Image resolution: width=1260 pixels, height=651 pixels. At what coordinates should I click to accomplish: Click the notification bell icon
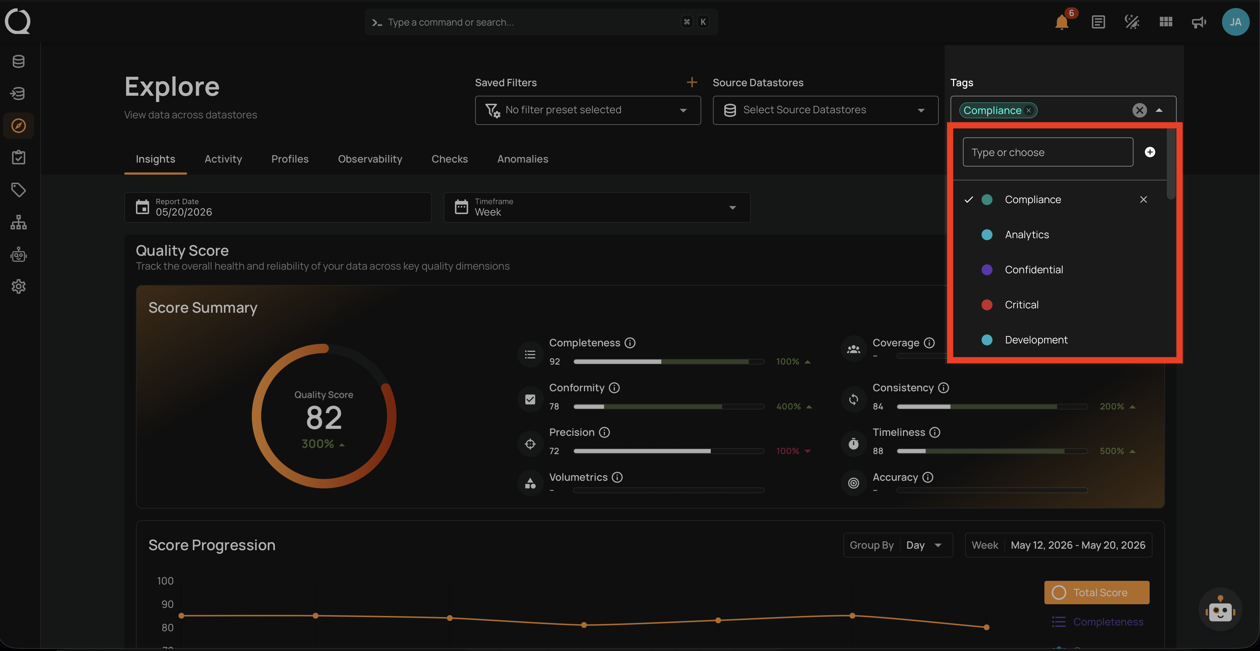[1062, 23]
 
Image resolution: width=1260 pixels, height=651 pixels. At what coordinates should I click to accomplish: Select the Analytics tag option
[1027, 235]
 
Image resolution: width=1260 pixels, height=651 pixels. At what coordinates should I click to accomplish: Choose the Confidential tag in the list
[1033, 270]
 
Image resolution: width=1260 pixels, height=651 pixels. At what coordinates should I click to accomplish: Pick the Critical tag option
[1021, 305]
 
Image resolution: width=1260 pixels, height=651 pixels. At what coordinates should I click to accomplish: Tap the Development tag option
[1036, 340]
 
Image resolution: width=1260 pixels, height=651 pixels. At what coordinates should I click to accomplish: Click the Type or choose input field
[1048, 152]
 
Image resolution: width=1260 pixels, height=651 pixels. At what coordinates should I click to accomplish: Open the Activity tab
[223, 159]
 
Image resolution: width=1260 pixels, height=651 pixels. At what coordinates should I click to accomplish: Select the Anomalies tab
[523, 159]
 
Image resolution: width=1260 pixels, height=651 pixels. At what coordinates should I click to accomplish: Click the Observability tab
[370, 159]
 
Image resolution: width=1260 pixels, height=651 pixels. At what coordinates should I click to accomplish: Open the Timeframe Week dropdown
[597, 208]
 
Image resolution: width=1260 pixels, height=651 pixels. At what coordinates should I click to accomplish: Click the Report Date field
[278, 208]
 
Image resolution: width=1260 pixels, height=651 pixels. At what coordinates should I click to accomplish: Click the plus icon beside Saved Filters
[692, 82]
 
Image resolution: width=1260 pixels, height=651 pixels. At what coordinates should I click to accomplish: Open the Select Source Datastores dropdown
[825, 110]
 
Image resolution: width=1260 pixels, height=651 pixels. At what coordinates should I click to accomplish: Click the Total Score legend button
[1097, 592]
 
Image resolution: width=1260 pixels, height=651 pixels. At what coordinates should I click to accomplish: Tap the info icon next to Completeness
[630, 343]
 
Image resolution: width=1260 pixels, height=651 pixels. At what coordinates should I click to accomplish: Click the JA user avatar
[1235, 22]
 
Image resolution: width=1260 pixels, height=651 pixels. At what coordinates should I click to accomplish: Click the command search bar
[541, 22]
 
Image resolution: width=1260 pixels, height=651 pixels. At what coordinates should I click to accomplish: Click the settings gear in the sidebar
[19, 287]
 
